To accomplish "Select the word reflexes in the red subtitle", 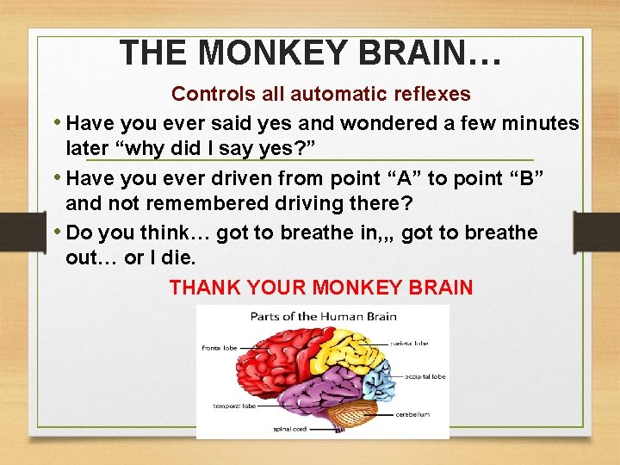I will tap(435, 93).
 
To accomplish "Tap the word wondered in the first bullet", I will tap(390, 123).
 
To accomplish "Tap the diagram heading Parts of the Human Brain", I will tap(323, 316).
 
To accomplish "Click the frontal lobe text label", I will tap(220, 348).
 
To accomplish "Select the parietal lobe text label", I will tap(407, 343).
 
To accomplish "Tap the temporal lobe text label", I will tap(235, 405).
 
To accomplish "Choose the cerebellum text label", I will tap(412, 414).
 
